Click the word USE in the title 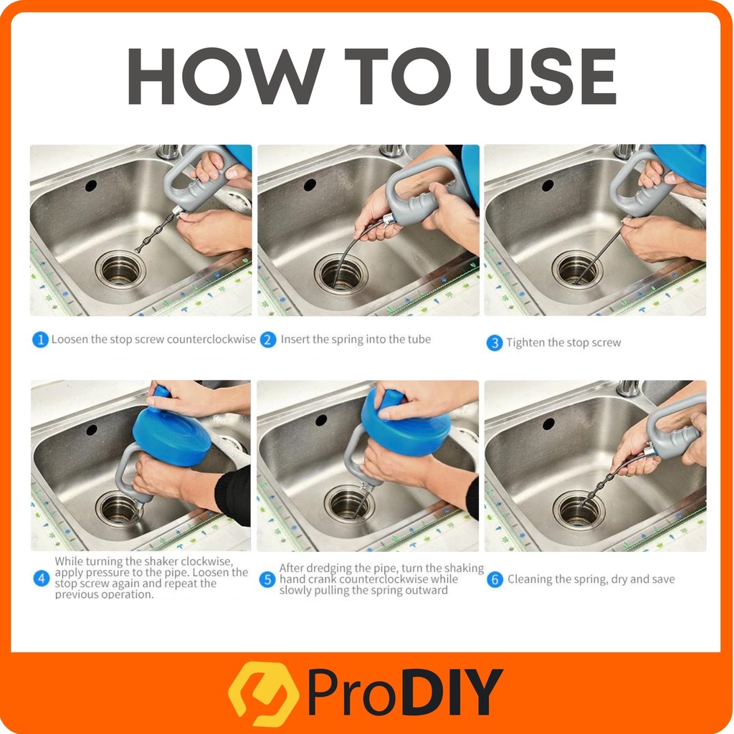(545, 76)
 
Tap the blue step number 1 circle (40, 340)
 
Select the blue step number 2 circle (268, 340)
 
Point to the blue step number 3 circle (495, 343)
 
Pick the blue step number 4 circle (41, 578)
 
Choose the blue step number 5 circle (267, 579)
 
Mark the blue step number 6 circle (495, 579)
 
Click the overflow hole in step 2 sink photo (310, 185)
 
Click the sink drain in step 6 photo (578, 510)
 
